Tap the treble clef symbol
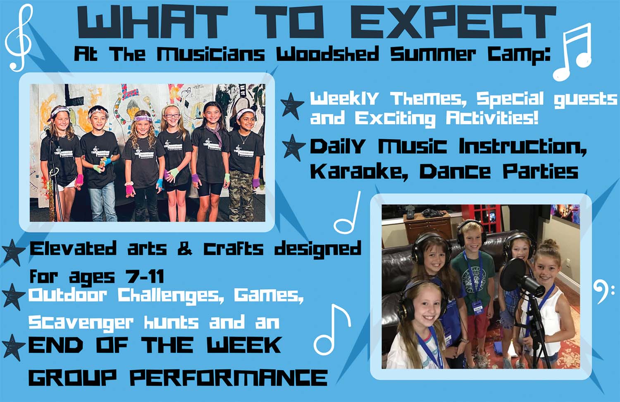19,37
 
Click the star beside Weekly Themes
292,106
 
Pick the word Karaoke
359,172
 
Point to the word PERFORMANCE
229,378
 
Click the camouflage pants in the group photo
241,195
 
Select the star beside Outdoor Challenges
12,297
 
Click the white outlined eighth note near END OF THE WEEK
332,330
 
